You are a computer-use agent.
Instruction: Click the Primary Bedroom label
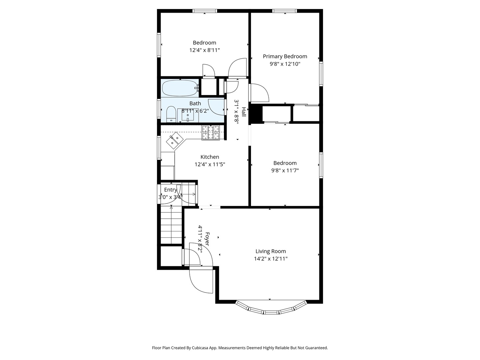click(285, 56)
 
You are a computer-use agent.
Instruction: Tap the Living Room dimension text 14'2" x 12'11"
click(271, 259)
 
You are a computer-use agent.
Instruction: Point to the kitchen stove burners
click(211, 133)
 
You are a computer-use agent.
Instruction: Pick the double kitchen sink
click(175, 140)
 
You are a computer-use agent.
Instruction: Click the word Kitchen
click(210, 157)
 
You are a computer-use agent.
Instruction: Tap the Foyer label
click(207, 239)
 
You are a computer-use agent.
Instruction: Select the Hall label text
click(244, 112)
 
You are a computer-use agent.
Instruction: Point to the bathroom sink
click(188, 115)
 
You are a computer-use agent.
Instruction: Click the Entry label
click(171, 190)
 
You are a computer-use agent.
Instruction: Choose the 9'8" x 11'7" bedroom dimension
click(285, 170)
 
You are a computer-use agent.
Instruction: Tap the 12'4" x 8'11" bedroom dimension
click(204, 50)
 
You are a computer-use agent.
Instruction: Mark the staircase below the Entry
click(171, 224)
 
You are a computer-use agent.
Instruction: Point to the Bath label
click(195, 103)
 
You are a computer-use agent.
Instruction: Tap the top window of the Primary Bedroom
click(285, 11)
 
